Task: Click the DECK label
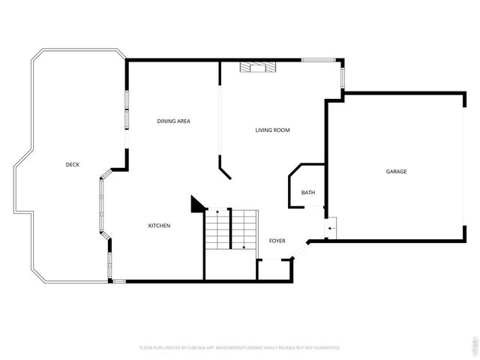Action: (x=73, y=164)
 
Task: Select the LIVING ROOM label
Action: (x=272, y=130)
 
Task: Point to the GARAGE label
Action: (x=396, y=172)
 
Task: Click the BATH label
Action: (x=308, y=193)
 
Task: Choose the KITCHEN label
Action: (x=159, y=226)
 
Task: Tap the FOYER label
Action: (x=277, y=241)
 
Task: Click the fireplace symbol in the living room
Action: (x=257, y=67)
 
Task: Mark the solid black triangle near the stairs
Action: (x=197, y=204)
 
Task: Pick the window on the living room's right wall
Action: (x=343, y=78)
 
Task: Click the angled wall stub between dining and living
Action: (x=225, y=169)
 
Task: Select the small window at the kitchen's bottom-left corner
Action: (x=118, y=281)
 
